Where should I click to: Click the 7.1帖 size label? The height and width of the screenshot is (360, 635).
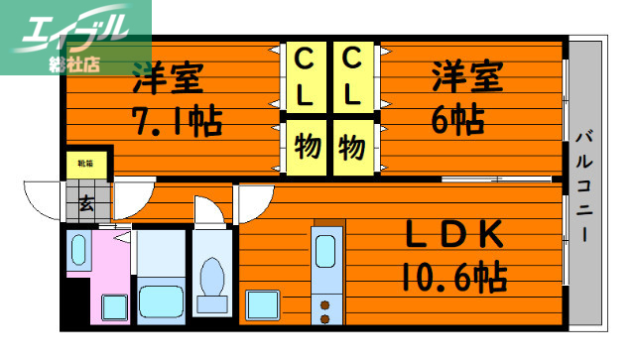click(x=178, y=121)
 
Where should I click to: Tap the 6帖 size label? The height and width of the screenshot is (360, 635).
click(x=456, y=120)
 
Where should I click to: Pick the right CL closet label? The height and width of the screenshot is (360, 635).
click(x=353, y=77)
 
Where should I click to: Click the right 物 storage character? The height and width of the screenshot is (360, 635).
click(x=353, y=147)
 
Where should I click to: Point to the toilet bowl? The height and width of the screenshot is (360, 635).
click(x=210, y=276)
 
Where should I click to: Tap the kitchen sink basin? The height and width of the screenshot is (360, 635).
click(x=325, y=253)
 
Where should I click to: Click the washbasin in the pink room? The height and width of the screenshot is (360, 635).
click(x=78, y=252)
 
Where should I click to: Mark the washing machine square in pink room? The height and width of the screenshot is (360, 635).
click(x=112, y=306)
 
